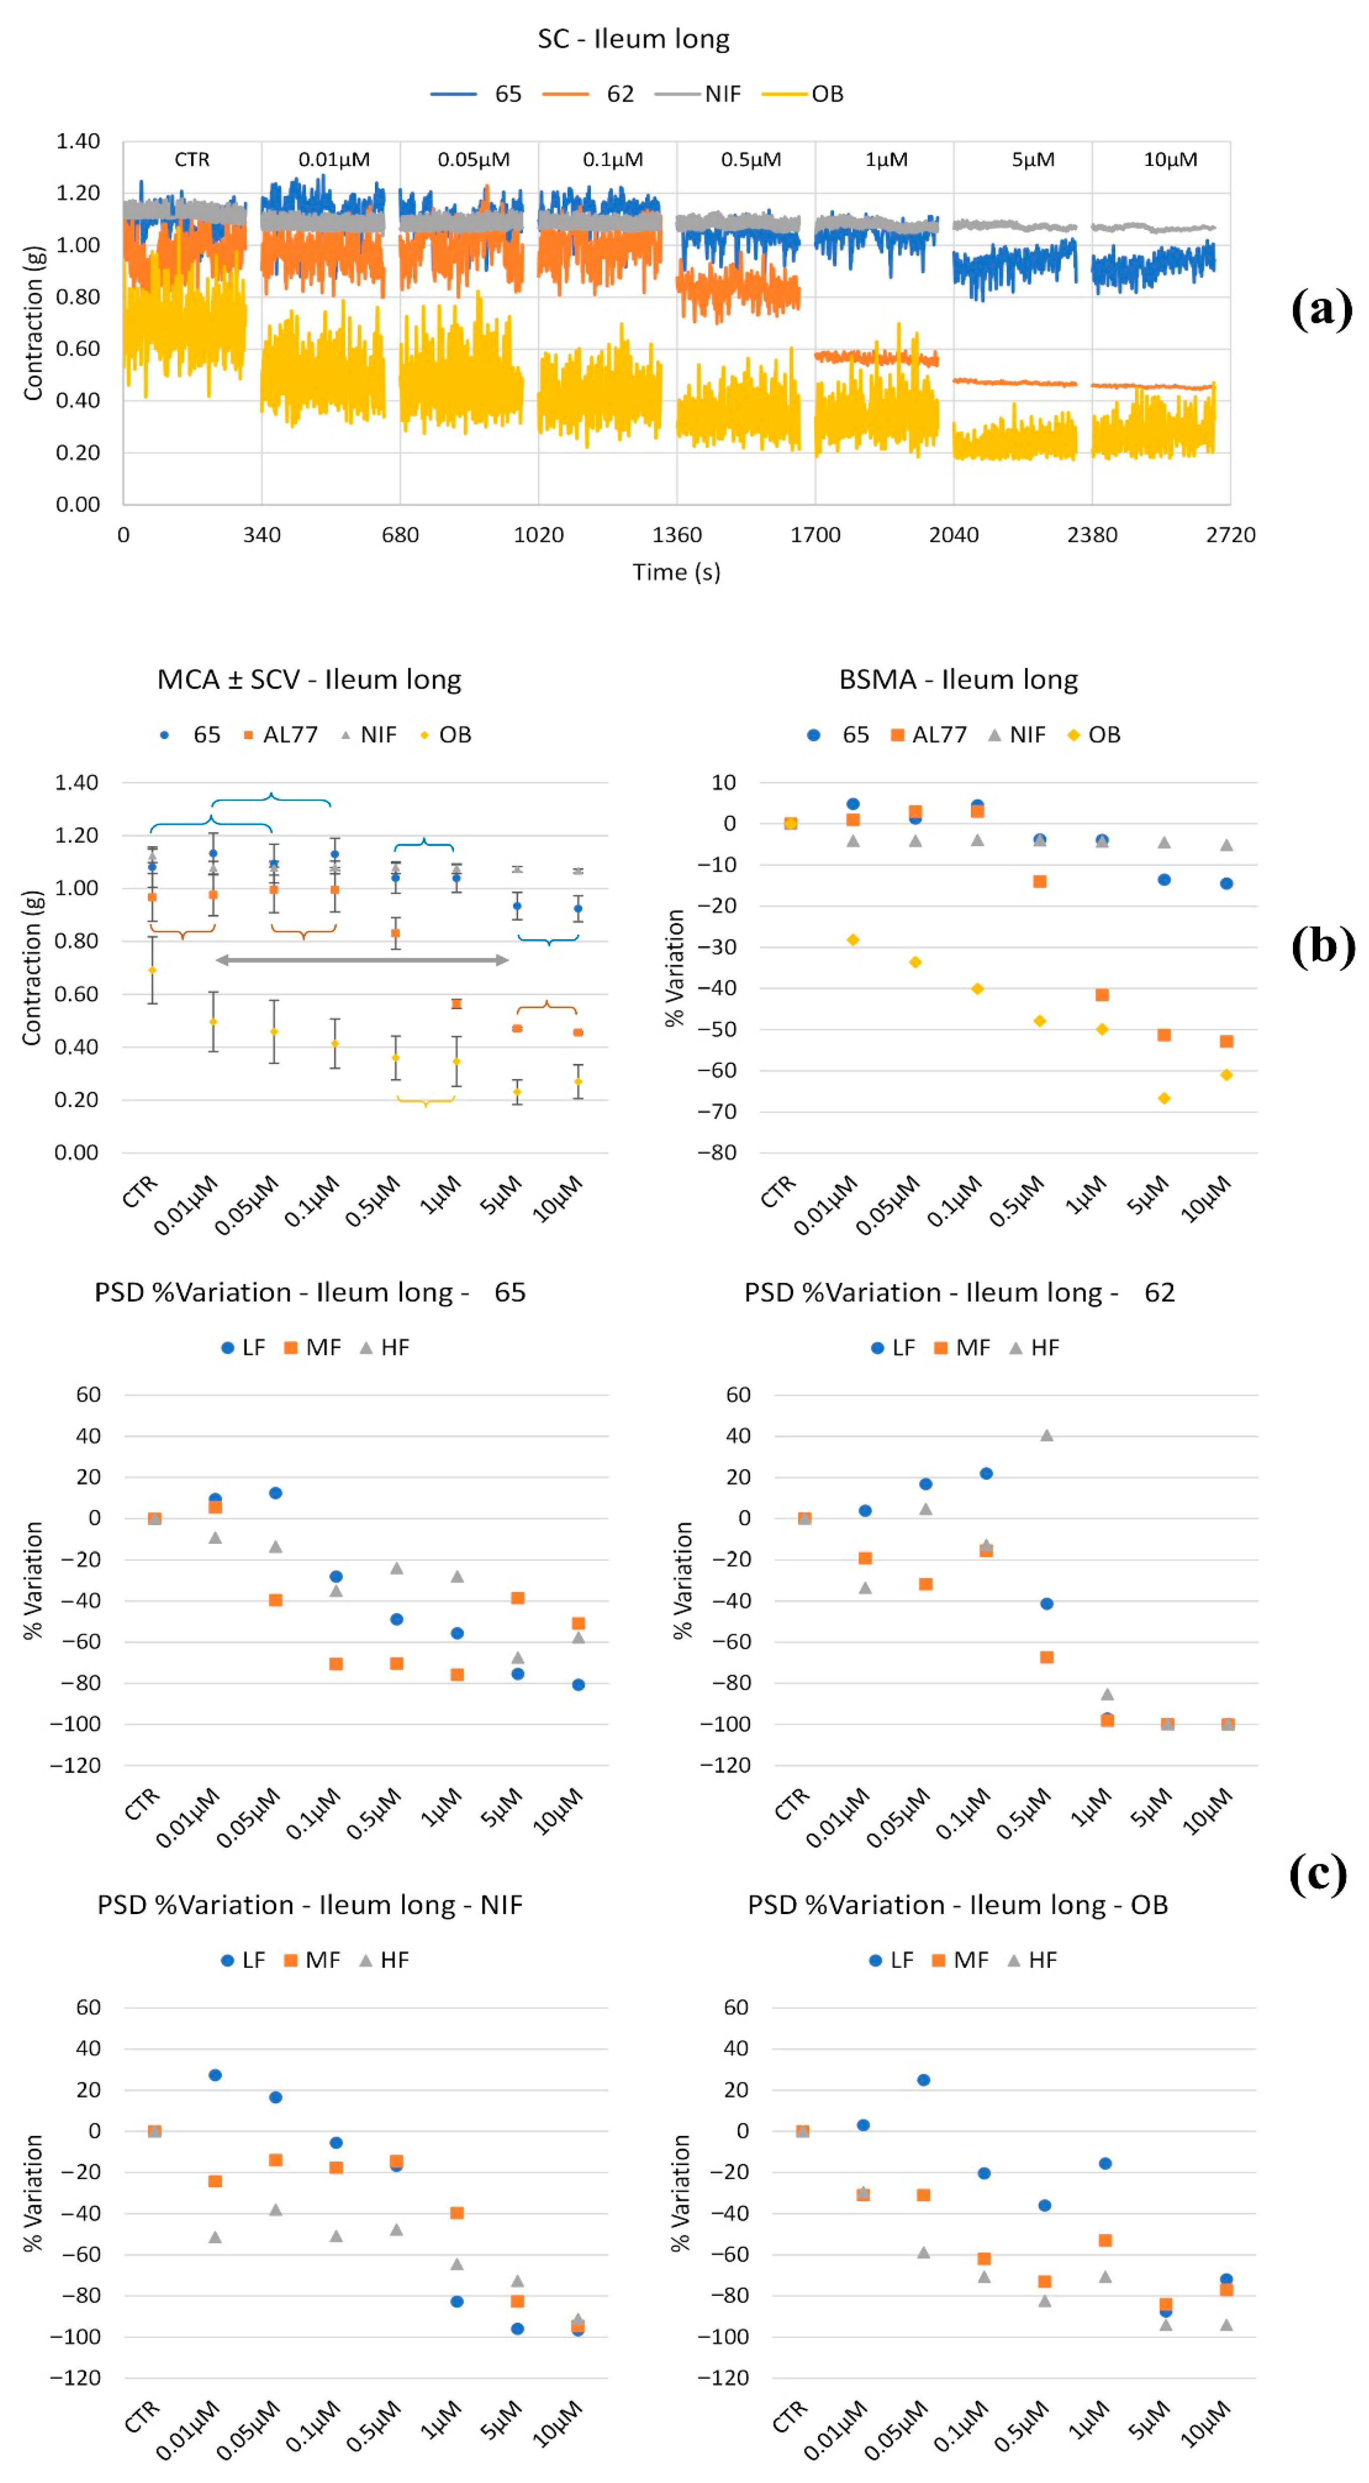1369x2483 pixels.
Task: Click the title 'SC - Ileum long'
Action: click(633, 39)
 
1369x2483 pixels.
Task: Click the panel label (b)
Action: click(1322, 947)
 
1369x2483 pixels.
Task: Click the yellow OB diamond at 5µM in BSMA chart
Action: click(1164, 1098)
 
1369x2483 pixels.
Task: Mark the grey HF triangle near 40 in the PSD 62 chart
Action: click(1046, 1435)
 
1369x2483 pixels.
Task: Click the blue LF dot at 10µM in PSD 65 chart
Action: click(577, 1685)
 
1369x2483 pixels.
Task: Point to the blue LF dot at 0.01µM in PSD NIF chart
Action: click(215, 2075)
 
